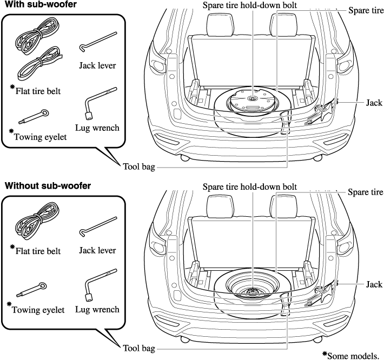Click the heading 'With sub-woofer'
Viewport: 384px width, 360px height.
(40, 5)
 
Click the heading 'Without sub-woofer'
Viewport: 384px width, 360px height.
(48, 186)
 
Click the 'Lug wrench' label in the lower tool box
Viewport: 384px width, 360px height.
(98, 310)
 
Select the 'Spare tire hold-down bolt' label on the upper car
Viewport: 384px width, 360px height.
(249, 6)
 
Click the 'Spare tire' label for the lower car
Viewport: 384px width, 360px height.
(366, 192)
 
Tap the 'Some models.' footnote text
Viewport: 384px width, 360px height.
(355, 355)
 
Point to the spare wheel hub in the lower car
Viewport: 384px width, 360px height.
(252, 291)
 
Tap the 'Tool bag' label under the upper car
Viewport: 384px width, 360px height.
(138, 168)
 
